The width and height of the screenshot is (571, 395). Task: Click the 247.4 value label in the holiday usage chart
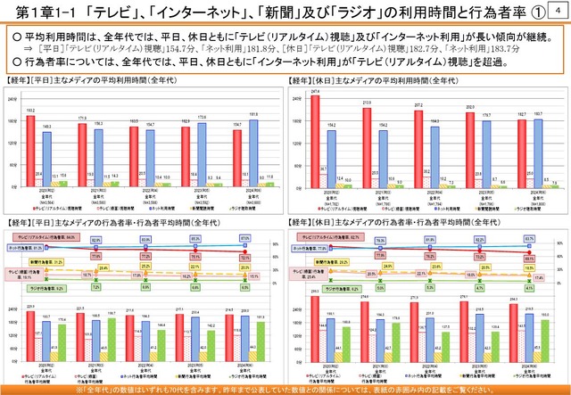316,91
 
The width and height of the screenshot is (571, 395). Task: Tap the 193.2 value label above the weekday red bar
31,111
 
